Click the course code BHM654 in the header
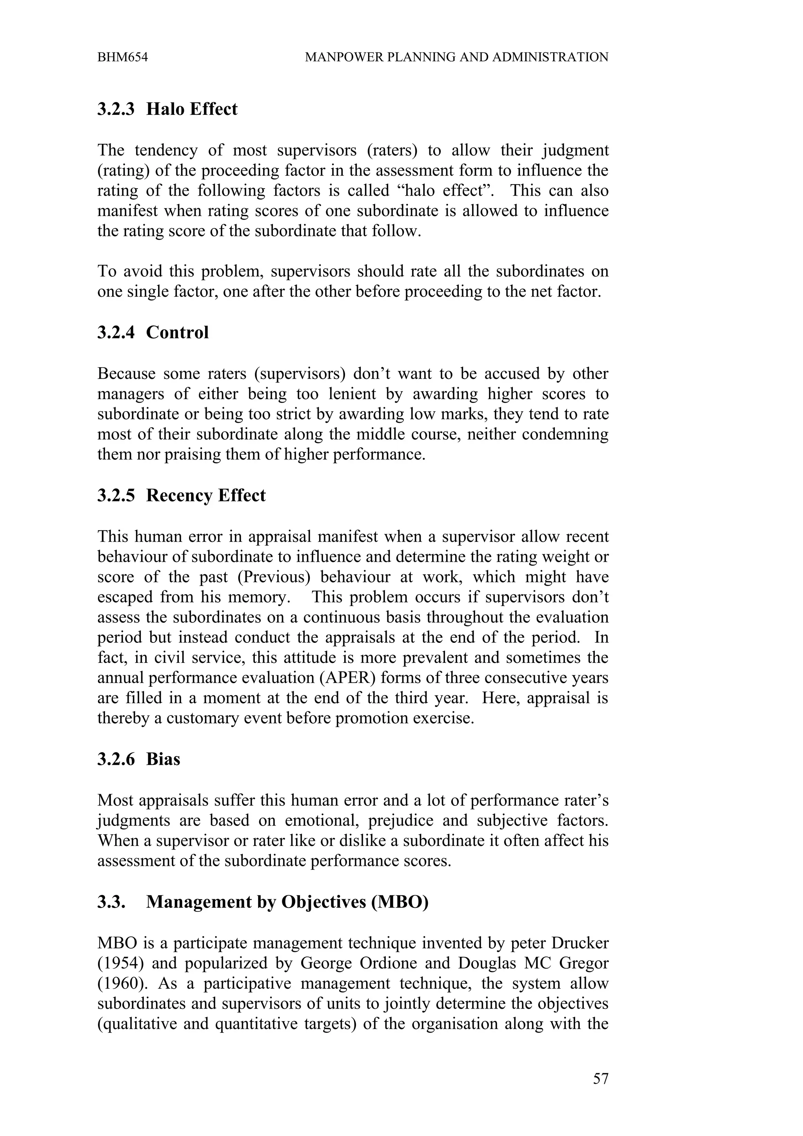pos(122,57)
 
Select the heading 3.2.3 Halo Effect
pos(167,109)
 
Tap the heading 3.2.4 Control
pos(153,332)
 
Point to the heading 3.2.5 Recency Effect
pos(181,496)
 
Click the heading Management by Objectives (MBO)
pos(287,902)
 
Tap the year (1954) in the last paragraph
pos(119,963)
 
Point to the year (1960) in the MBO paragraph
pos(119,984)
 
